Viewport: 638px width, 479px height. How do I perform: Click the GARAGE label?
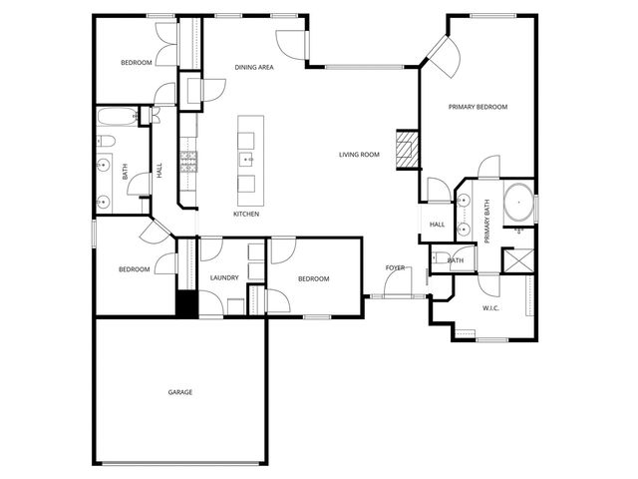[180, 392]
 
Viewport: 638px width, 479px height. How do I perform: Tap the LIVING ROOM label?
[359, 155]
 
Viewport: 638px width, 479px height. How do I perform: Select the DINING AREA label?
[254, 67]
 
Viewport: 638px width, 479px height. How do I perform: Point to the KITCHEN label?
[246, 215]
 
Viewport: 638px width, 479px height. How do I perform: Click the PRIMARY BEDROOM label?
[478, 107]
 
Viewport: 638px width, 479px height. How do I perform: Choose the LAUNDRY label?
[224, 278]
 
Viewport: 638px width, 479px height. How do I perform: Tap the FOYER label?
[396, 268]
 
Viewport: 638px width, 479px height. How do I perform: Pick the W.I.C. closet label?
[490, 308]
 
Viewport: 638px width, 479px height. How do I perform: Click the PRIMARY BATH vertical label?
[487, 222]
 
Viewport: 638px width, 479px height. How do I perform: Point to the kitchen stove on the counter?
[187, 160]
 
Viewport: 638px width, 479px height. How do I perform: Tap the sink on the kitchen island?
[246, 159]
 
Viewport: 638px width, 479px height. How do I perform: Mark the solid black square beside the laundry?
[183, 303]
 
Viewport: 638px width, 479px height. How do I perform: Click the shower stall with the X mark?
[517, 259]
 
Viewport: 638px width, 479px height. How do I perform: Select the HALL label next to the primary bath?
[437, 225]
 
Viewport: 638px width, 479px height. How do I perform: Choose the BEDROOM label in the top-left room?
[136, 63]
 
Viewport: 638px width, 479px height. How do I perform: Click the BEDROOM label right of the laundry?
[313, 279]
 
